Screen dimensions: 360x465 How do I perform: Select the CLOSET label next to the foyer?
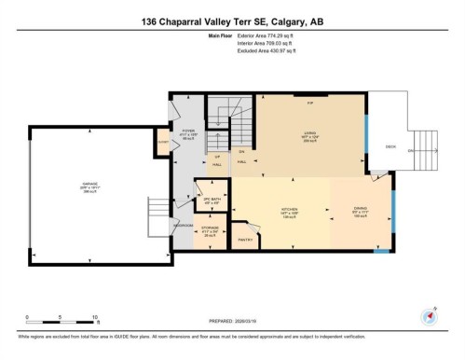[162, 142]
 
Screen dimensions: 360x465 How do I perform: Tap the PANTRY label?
[246, 239]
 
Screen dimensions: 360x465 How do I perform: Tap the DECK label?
[391, 145]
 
